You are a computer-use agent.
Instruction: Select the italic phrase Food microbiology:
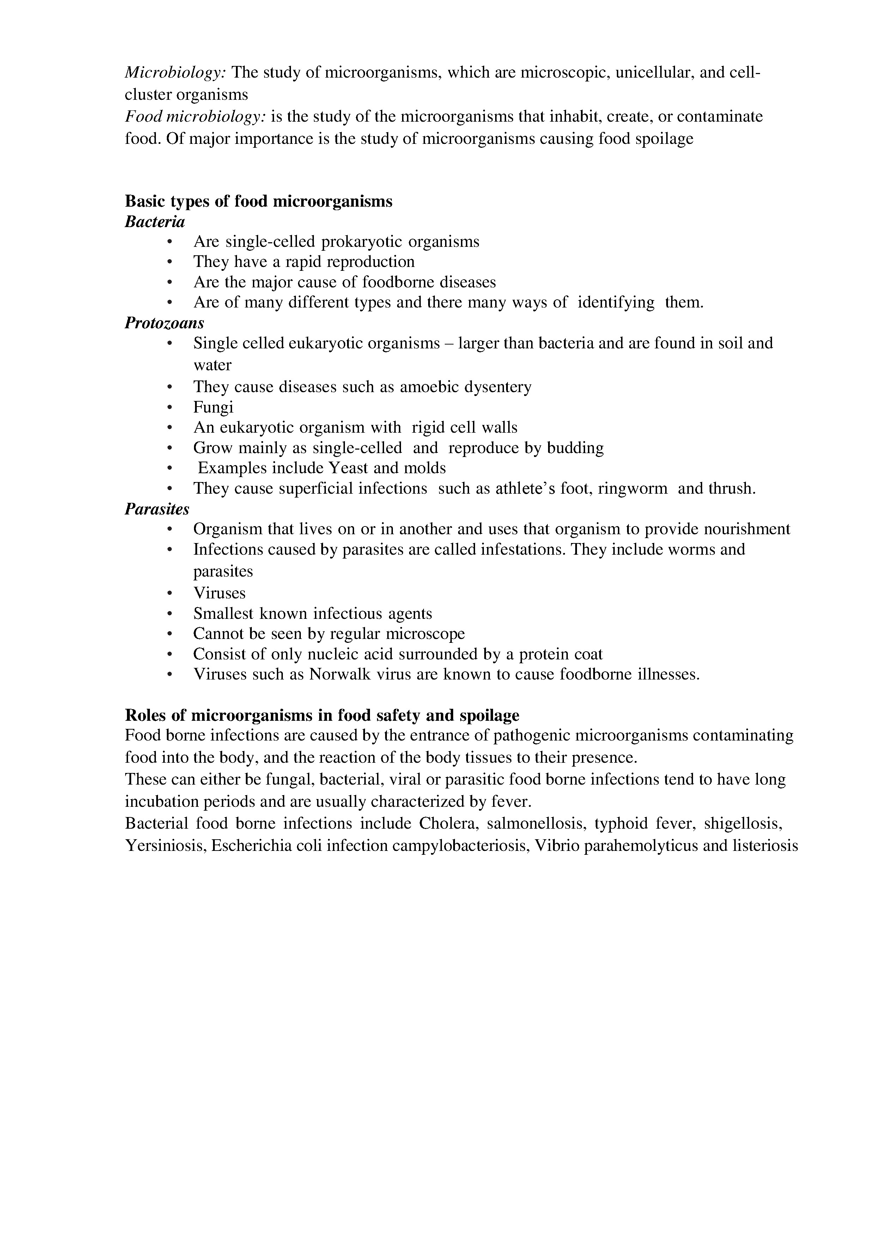coord(195,116)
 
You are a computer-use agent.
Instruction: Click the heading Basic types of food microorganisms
coord(259,201)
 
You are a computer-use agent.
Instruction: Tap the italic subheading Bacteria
coord(154,221)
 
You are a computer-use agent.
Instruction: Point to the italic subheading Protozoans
coord(164,323)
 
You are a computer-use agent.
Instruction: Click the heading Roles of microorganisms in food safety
coord(322,715)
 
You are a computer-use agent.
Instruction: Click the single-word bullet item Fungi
coord(213,407)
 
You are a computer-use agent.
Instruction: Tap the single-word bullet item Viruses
coord(219,593)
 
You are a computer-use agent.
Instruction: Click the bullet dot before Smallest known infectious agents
coord(170,614)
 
